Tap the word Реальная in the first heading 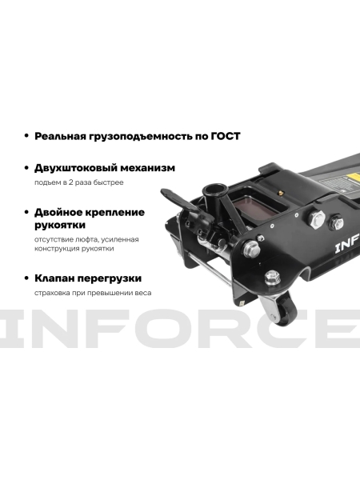[60, 136]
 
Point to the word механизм [150, 168]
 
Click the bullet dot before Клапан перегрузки [28, 278]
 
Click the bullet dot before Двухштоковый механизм [28, 168]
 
